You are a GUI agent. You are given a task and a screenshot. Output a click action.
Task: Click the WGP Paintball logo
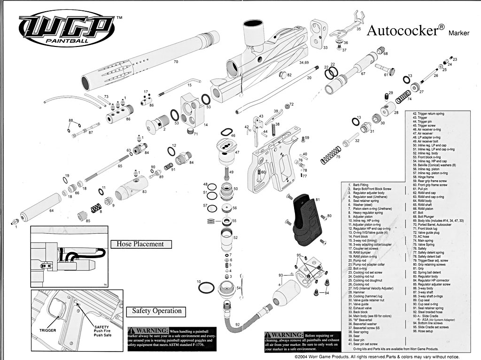click(x=69, y=32)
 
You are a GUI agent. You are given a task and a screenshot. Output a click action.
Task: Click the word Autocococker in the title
click(x=402, y=31)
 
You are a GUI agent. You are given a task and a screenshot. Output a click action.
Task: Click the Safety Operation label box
click(x=156, y=311)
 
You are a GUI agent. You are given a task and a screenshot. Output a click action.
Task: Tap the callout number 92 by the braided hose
click(x=237, y=324)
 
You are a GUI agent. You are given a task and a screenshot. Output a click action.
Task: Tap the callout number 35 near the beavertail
click(x=358, y=29)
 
